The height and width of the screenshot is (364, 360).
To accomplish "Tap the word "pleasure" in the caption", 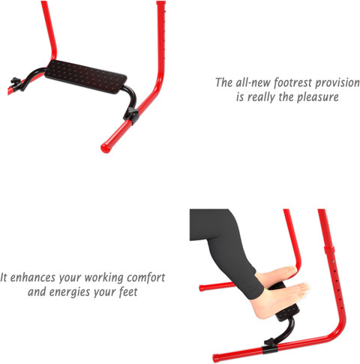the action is (318, 97).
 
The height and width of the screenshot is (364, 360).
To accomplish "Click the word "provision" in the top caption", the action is (337, 83).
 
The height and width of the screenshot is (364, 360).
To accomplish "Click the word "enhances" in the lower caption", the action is (33, 278).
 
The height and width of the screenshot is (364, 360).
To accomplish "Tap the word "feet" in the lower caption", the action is (128, 292).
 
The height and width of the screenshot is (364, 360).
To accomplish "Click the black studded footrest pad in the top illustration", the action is (85, 77).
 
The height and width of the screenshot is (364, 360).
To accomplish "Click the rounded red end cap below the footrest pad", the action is (105, 148).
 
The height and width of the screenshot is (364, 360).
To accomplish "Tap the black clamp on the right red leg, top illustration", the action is (131, 115).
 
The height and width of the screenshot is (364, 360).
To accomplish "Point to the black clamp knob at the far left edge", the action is (16, 83).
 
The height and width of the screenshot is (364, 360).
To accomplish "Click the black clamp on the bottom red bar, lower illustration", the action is (270, 346).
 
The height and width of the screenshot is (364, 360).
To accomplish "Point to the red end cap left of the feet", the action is (202, 288).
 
